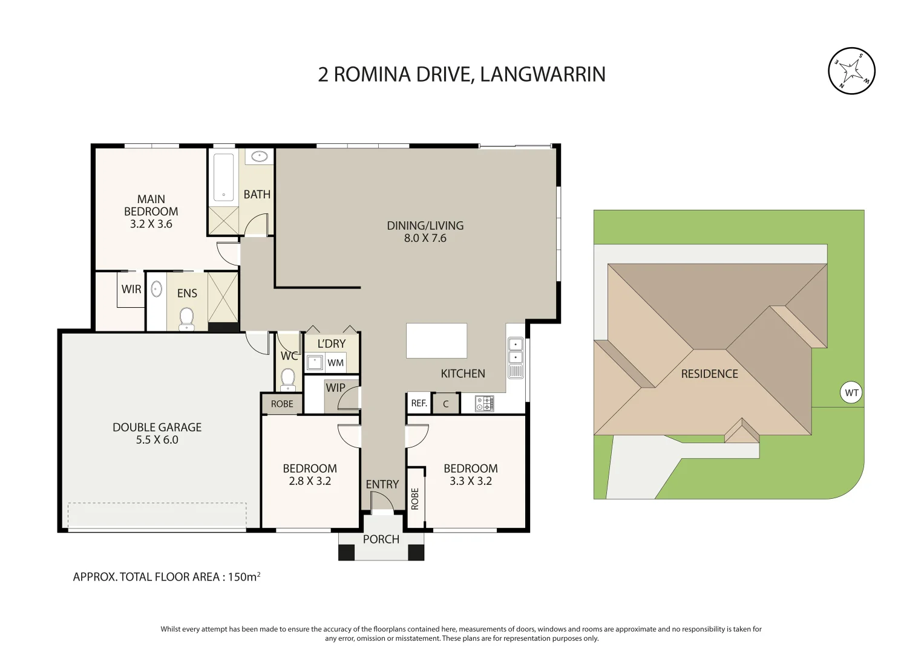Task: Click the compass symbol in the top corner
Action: (851, 71)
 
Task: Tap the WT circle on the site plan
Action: (851, 393)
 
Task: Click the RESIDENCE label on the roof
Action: (709, 374)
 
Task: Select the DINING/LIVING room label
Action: (425, 226)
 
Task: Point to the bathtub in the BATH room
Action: (223, 177)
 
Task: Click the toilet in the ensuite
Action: (186, 319)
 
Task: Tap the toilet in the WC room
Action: (288, 379)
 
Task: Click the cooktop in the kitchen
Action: (485, 403)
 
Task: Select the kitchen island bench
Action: (436, 340)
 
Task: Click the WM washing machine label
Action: (335, 363)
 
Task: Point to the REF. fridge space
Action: (419, 403)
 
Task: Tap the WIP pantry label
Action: (335, 388)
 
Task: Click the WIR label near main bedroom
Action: (131, 289)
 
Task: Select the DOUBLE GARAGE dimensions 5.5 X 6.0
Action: (157, 440)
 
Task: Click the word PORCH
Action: (381, 539)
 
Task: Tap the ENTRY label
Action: (382, 484)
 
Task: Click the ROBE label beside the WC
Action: (282, 404)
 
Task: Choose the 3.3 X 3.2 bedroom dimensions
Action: (470, 481)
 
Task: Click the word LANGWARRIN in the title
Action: (542, 74)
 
